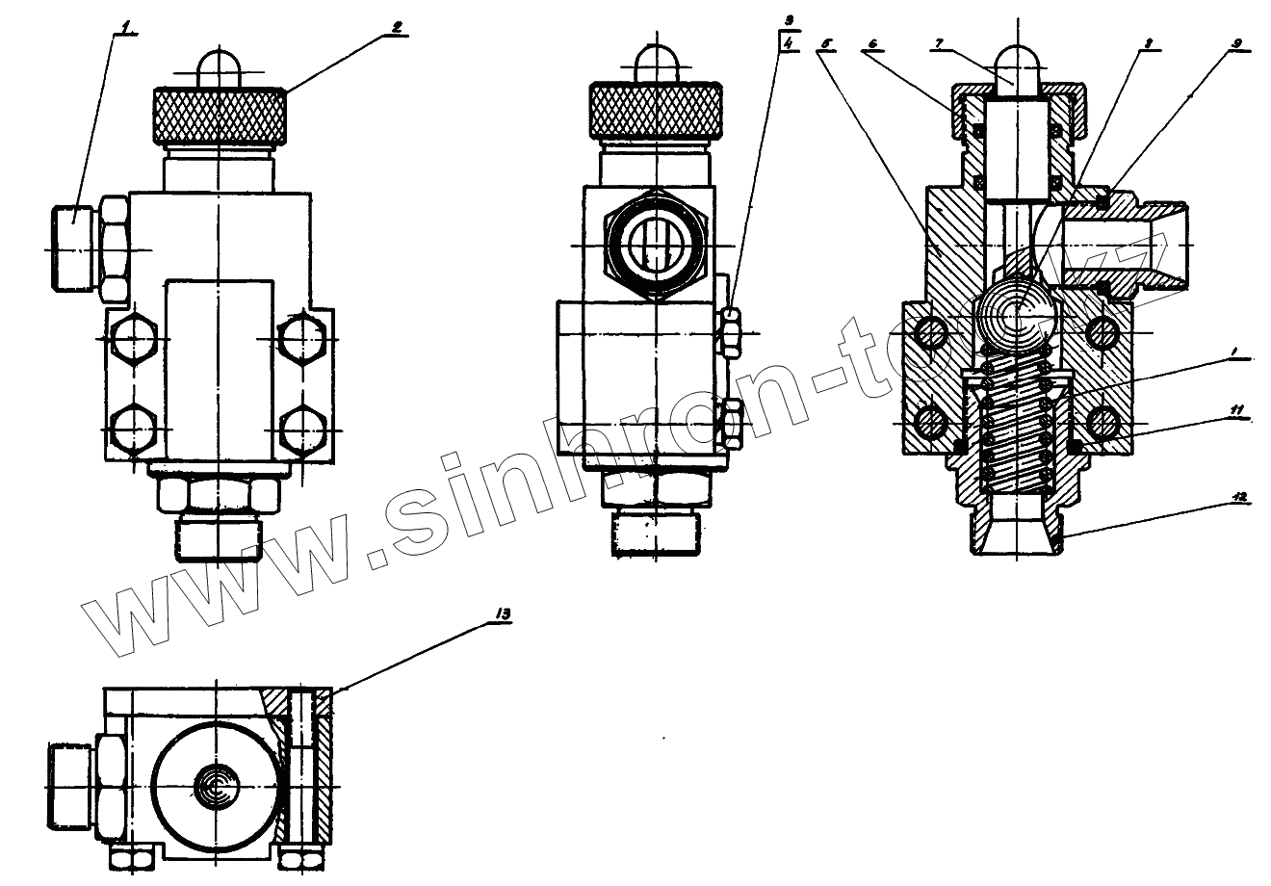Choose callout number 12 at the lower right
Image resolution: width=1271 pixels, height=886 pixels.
1239,498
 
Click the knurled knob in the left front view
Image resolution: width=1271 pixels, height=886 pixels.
220,114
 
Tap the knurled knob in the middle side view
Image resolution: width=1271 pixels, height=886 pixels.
656,109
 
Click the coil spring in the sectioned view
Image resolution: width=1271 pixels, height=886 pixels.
1015,424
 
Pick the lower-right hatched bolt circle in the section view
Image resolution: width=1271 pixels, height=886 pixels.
1103,420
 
